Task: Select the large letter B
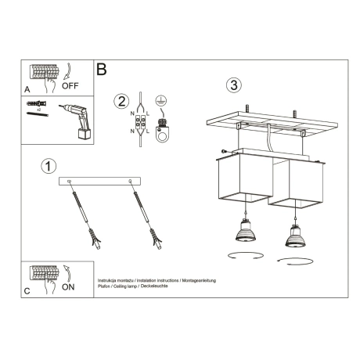click(102, 70)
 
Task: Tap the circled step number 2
click(121, 101)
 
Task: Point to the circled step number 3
click(233, 84)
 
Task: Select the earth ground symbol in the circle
click(160, 101)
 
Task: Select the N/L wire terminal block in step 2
click(142, 121)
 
